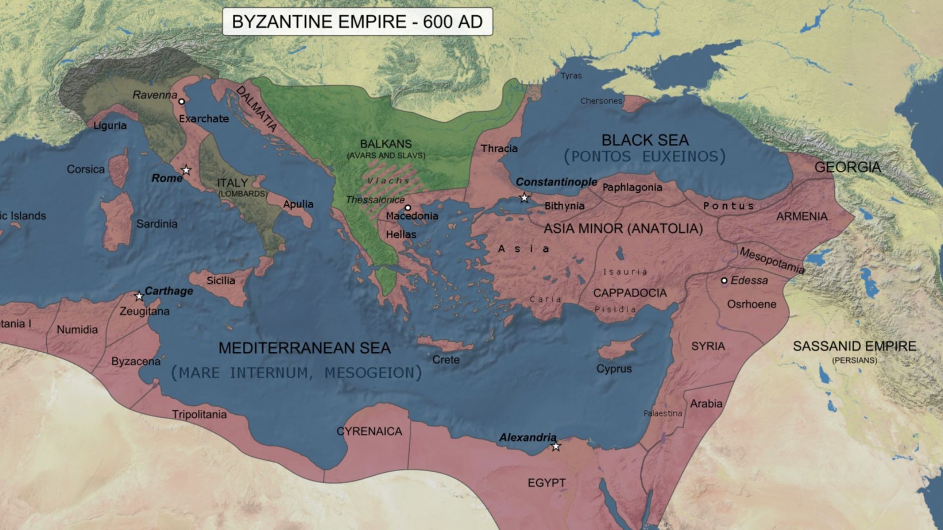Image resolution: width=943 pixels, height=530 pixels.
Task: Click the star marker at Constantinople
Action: [524, 198]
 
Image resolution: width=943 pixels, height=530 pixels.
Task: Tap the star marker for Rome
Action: [186, 170]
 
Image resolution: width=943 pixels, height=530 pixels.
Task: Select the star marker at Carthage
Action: [139, 296]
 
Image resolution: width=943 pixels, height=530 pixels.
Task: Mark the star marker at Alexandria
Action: [555, 446]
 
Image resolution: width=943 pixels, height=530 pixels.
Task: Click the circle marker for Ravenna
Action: [181, 102]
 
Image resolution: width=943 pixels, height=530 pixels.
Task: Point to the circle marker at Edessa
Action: [724, 281]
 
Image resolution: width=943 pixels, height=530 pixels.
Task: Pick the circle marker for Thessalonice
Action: [408, 208]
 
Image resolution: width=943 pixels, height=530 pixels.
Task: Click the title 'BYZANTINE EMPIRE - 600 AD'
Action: [357, 22]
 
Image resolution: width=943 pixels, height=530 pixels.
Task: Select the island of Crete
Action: [444, 344]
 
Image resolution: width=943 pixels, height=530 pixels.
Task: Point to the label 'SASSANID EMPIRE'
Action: [854, 346]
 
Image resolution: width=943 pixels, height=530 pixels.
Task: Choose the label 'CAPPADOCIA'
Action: [630, 293]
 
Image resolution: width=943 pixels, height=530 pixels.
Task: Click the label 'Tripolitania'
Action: [199, 414]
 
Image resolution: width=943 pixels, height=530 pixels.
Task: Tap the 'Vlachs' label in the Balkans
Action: [388, 181]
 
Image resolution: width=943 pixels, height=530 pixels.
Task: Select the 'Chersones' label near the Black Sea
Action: [601, 101]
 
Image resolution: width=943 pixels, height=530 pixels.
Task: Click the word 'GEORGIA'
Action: [847, 167]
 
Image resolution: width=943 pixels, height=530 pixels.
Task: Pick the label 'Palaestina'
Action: [663, 413]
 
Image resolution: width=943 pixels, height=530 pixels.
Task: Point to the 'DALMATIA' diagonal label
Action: [257, 109]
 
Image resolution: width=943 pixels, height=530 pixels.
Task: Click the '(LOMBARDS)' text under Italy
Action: [243, 194]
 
